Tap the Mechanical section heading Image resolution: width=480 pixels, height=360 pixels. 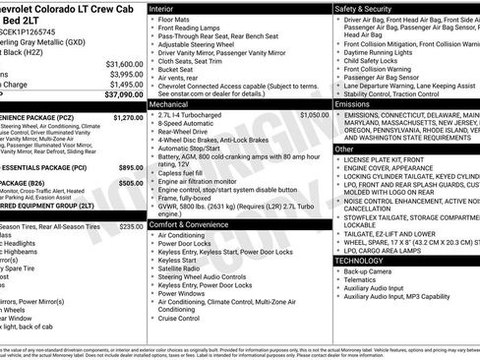click(170, 102)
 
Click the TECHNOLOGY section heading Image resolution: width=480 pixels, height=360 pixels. click(363, 260)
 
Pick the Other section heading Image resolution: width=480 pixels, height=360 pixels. click(344, 149)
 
